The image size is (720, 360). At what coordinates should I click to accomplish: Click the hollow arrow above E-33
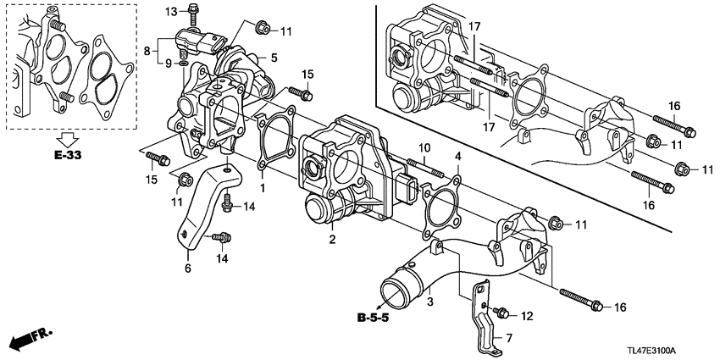66,138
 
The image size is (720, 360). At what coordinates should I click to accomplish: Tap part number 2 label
333,240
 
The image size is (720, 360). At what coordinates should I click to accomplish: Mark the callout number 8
150,51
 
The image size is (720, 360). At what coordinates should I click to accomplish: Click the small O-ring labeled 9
185,64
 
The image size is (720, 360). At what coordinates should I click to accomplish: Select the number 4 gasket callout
457,157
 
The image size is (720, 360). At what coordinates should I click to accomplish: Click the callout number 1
263,186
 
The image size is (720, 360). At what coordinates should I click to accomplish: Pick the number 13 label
169,11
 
